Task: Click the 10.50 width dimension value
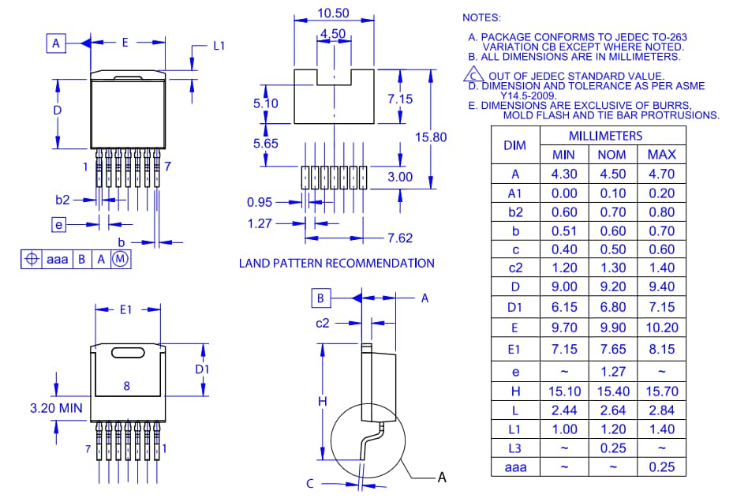334,13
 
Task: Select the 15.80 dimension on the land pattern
431,137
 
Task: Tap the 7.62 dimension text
400,238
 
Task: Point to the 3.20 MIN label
55,409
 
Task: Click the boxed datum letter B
320,298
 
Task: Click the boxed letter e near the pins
59,225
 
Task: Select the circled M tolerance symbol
120,259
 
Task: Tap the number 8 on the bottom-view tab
126,386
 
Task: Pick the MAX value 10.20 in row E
660,328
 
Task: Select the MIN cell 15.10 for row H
563,391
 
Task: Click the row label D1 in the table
514,307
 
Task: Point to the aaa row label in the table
514,467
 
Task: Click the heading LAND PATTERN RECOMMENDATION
336,263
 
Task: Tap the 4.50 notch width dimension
332,33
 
